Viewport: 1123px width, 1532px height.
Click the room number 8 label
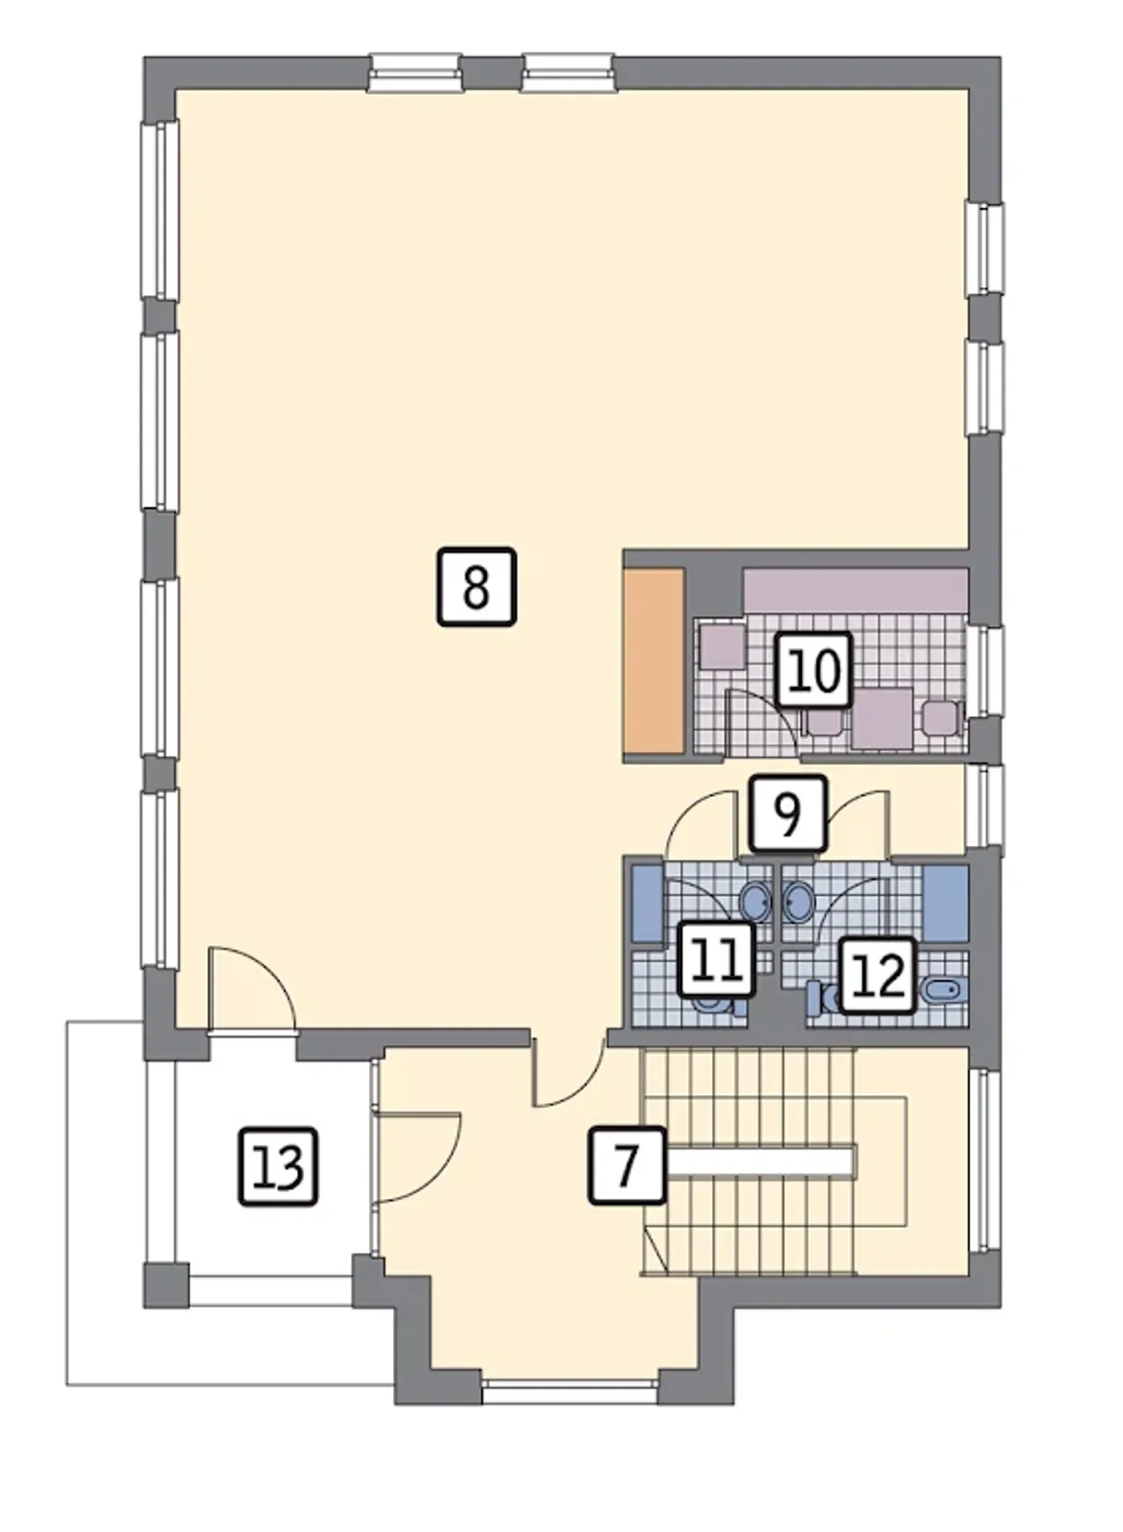pyautogui.click(x=476, y=587)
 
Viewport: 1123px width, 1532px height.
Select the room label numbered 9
pyautogui.click(x=788, y=814)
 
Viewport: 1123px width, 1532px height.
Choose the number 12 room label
pyautogui.click(x=878, y=976)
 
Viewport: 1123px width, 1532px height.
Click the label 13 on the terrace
pyautogui.click(x=278, y=1167)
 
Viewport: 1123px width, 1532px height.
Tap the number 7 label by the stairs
pyautogui.click(x=626, y=1165)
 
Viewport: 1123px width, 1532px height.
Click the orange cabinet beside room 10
pyautogui.click(x=653, y=661)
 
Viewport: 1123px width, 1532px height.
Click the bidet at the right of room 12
pyautogui.click(x=944, y=992)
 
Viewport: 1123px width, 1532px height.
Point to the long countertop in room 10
pyautogui.click(x=855, y=591)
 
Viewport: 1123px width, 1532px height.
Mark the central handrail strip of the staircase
pyautogui.click(x=759, y=1161)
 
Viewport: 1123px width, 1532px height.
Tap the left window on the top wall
pyautogui.click(x=414, y=72)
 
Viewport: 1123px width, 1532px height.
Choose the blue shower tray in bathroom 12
pyautogui.click(x=946, y=904)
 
